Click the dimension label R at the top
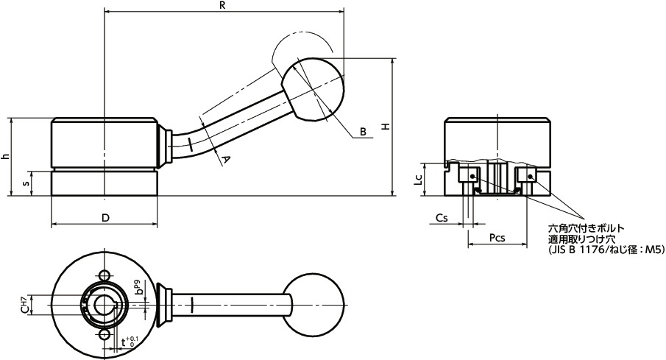222,5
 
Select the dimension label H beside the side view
385,127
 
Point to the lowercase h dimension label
5,156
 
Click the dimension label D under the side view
104,218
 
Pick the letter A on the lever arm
226,158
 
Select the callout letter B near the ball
363,132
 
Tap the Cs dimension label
442,219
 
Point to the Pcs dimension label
498,239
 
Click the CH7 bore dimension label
24,303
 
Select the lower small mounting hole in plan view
104,336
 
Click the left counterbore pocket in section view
467,176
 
